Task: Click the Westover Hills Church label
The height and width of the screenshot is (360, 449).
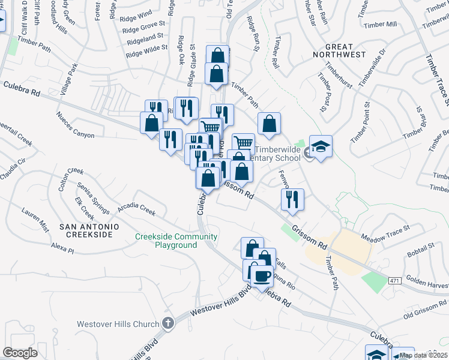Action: click(x=118, y=324)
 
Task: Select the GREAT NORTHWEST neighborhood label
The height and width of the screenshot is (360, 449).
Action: click(x=345, y=50)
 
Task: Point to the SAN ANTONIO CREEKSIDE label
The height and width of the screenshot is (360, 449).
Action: click(x=89, y=230)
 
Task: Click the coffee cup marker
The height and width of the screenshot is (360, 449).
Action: click(x=261, y=276)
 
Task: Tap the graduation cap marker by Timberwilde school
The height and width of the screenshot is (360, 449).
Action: click(x=321, y=147)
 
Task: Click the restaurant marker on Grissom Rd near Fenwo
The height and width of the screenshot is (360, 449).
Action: click(x=292, y=199)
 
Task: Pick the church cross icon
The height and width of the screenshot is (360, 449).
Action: click(x=168, y=323)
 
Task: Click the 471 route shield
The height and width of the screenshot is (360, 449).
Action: click(x=394, y=280)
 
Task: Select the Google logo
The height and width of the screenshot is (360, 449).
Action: click(x=20, y=353)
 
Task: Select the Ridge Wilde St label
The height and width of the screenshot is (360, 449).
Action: click(x=147, y=51)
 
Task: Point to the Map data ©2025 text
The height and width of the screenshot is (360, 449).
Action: click(x=423, y=355)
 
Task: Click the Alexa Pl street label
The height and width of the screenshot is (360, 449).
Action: click(x=62, y=247)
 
